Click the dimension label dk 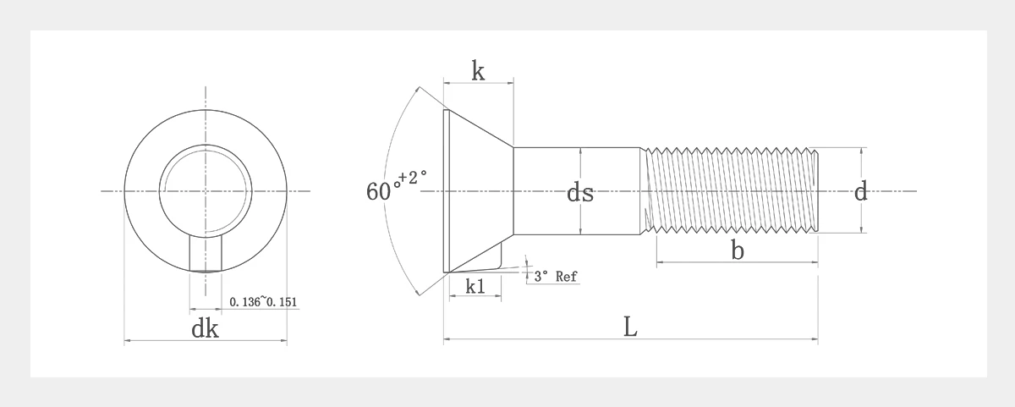(205, 328)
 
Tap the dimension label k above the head (478, 71)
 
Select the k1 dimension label (475, 287)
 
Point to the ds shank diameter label (580, 192)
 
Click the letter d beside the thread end (860, 190)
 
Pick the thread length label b (738, 250)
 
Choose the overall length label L (630, 327)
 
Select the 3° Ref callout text (556, 276)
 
